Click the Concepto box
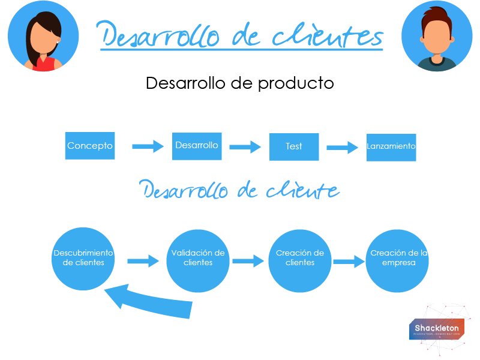coord(90,146)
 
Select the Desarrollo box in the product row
coord(197,146)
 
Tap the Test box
coord(294,146)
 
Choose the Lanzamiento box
coord(391,146)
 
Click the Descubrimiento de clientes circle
coord(83,259)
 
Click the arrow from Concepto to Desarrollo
coord(148,146)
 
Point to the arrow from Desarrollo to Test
coord(245,146)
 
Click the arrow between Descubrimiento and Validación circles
coord(143,260)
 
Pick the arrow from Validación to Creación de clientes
coord(248,260)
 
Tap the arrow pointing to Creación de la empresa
coord(349,261)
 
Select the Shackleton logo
coord(436,328)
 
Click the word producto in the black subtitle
coord(295,83)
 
